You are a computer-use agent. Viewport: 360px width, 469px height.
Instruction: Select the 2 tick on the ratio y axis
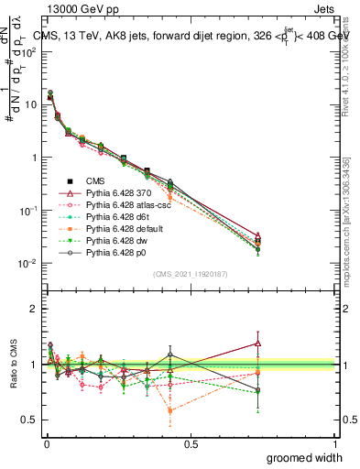tap(35, 309)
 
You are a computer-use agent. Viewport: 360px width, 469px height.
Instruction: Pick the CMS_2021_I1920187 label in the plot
tap(190, 273)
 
